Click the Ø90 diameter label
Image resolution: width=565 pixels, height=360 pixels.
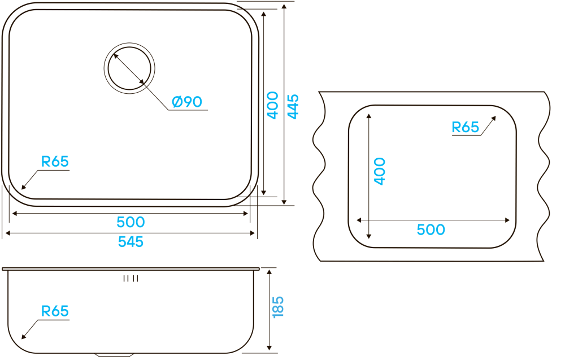click(187, 102)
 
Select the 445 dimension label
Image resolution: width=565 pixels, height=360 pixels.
click(293, 106)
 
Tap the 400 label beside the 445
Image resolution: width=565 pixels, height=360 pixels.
click(272, 105)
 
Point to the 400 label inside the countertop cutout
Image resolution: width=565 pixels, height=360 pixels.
click(379, 171)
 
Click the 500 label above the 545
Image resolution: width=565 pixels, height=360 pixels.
click(131, 223)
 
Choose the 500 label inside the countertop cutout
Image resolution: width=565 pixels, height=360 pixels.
click(431, 230)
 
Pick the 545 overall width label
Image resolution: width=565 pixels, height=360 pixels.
click(131, 242)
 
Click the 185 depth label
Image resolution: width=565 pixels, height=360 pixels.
click(278, 307)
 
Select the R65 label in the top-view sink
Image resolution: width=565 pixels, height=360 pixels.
click(55, 162)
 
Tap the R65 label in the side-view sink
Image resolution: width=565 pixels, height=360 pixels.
click(55, 311)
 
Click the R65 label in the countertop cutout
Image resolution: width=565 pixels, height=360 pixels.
click(465, 127)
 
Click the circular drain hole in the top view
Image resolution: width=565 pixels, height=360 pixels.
click(129, 68)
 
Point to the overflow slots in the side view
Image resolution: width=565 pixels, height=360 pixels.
click(131, 278)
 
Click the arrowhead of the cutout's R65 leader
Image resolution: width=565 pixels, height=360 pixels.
click(494, 118)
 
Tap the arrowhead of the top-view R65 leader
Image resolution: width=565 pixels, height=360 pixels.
click(23, 188)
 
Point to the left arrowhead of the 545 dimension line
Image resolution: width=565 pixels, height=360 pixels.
click(6, 233)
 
